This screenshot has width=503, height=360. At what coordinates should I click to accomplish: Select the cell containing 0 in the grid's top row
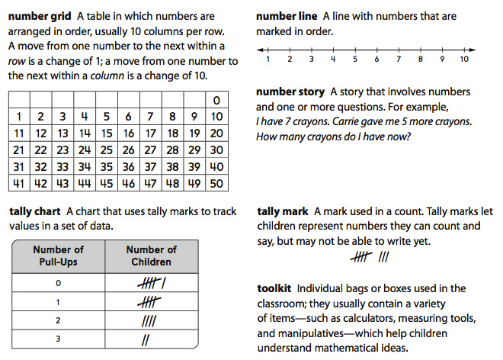[217, 100]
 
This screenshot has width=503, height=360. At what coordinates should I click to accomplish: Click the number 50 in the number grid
[217, 184]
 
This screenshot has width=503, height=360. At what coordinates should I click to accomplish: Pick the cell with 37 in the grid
[151, 167]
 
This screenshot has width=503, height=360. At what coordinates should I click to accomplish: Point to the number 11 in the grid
[19, 133]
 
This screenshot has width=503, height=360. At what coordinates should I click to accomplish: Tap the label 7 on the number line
[399, 59]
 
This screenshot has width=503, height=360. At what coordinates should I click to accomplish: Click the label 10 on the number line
[464, 59]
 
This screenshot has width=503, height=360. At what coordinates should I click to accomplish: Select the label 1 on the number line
[268, 59]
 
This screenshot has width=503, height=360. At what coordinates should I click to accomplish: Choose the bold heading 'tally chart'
[35, 211]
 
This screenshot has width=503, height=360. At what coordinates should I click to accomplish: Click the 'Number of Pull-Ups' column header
[58, 256]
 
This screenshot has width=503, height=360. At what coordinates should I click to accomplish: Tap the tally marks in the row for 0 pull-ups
[152, 283]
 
